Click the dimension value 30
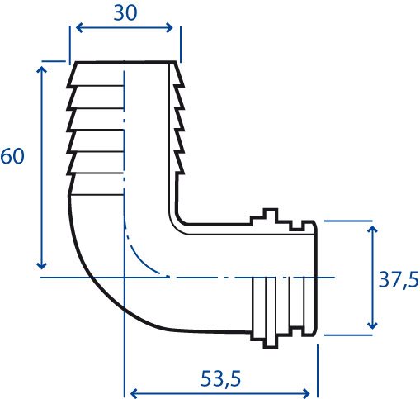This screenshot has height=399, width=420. click(x=125, y=13)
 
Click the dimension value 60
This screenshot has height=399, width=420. click(x=12, y=156)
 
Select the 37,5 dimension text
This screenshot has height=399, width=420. click(x=399, y=280)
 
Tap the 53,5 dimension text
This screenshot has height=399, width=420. click(x=220, y=378)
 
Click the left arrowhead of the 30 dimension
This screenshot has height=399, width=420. click(x=78, y=27)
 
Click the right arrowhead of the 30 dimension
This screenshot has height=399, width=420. click(x=169, y=27)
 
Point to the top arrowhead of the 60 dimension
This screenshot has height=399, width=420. click(x=41, y=69)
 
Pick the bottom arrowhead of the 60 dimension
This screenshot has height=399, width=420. click(x=41, y=265)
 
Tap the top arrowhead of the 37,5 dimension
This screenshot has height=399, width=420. click(x=372, y=230)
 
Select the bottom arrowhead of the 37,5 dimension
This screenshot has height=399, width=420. click(x=372, y=325)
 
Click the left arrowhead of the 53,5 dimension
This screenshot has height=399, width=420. click(x=134, y=393)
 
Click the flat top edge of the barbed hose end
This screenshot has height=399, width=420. click(x=125, y=63)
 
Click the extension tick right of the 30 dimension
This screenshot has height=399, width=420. click(x=180, y=45)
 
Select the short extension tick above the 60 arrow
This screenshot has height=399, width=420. click(x=54, y=61)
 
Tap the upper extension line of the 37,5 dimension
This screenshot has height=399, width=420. click(x=348, y=221)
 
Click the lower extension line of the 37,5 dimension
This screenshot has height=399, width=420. click(x=348, y=335)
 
